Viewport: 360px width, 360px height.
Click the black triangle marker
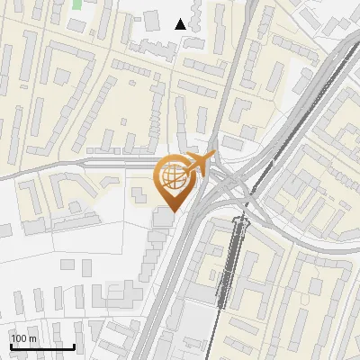(182, 24)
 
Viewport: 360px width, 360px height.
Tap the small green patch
(76, 4)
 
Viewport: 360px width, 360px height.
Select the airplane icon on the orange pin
(201, 164)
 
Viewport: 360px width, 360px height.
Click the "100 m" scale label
(23, 338)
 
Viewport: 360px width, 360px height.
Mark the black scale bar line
(42, 346)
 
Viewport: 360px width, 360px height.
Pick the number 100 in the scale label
(18, 338)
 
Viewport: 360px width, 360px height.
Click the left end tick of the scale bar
(11, 344)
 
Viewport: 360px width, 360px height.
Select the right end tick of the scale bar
(74, 344)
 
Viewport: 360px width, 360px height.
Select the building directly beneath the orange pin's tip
(164, 218)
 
